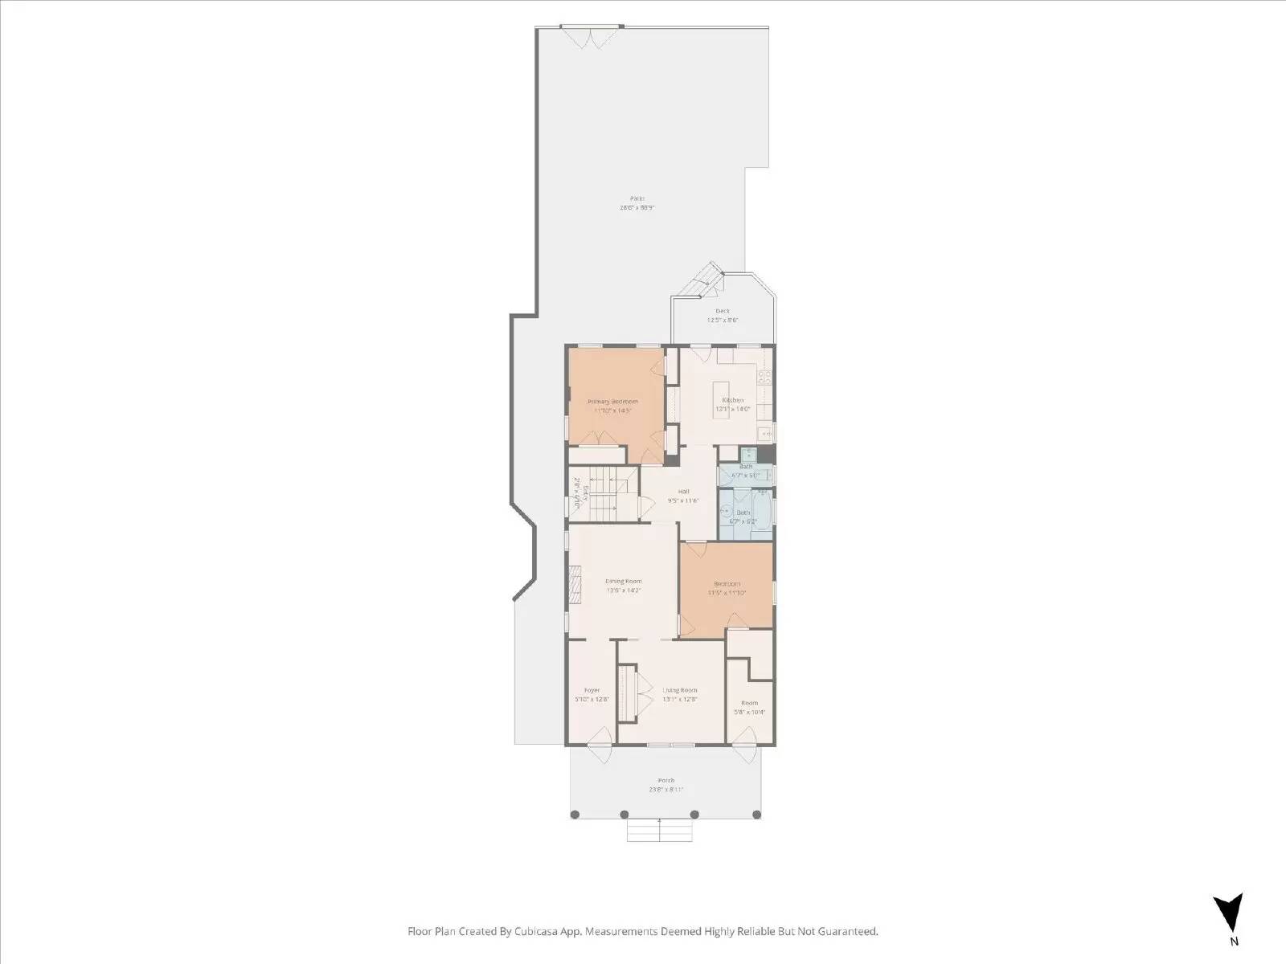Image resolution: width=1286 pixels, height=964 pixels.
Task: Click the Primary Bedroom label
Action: (612, 401)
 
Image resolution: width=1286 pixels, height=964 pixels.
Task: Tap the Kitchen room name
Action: (732, 400)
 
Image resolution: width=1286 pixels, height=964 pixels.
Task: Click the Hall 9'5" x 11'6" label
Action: (683, 492)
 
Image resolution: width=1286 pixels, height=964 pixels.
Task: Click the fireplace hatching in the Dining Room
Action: (574, 583)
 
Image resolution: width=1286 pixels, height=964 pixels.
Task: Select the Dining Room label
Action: (623, 581)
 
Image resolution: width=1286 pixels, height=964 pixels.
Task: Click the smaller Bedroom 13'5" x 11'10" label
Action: (727, 584)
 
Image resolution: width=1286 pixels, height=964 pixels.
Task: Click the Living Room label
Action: (679, 690)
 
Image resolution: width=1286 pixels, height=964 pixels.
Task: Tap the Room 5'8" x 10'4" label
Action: (749, 703)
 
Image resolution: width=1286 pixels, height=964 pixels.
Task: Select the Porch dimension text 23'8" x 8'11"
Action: (666, 790)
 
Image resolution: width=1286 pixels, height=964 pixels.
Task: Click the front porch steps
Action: (659, 831)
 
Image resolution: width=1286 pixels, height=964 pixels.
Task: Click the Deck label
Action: (722, 311)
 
